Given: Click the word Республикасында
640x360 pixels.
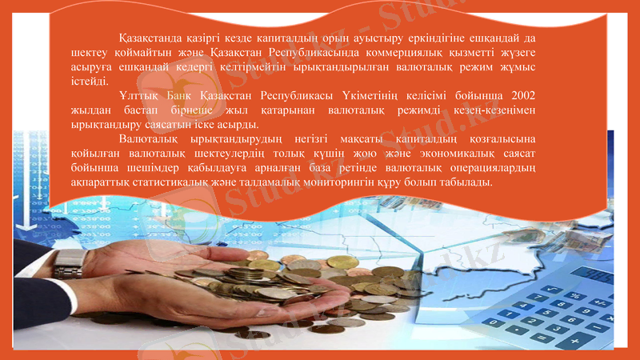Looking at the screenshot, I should click(x=314, y=53).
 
